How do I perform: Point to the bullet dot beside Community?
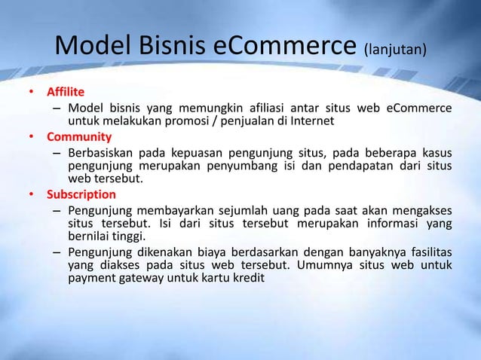click(32, 137)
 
